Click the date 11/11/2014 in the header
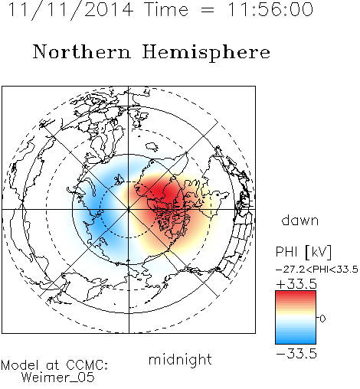pos(70,9)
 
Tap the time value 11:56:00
pos(270,9)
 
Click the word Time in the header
pos(166,9)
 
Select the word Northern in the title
pos(82,51)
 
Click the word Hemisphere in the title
pos(206,52)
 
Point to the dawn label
pos(300,220)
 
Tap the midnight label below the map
pos(180,360)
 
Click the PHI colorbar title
pos(286,252)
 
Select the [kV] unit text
pos(319,252)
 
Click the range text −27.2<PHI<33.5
pos(317,270)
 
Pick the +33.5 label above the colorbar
pos(296,284)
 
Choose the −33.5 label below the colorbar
pos(296,354)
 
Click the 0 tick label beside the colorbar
pos(322,319)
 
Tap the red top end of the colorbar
pos(296,293)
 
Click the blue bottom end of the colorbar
pos(296,341)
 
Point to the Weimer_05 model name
pos(58,377)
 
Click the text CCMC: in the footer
pos(87,365)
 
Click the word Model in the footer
pos(20,365)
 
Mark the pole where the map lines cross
pos(129,209)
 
